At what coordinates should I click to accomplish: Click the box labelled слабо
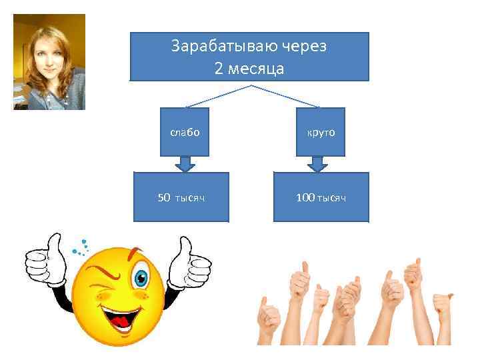[185, 132]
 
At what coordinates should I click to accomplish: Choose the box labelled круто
[321, 132]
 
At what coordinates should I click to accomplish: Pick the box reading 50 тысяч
[181, 197]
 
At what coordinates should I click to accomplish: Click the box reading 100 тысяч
[321, 197]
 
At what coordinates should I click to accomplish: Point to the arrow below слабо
[185, 163]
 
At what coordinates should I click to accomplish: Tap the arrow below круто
[319, 163]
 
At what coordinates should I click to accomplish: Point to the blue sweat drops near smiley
[81, 247]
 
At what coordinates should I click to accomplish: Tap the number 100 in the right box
[306, 197]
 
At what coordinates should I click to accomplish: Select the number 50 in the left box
[164, 197]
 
